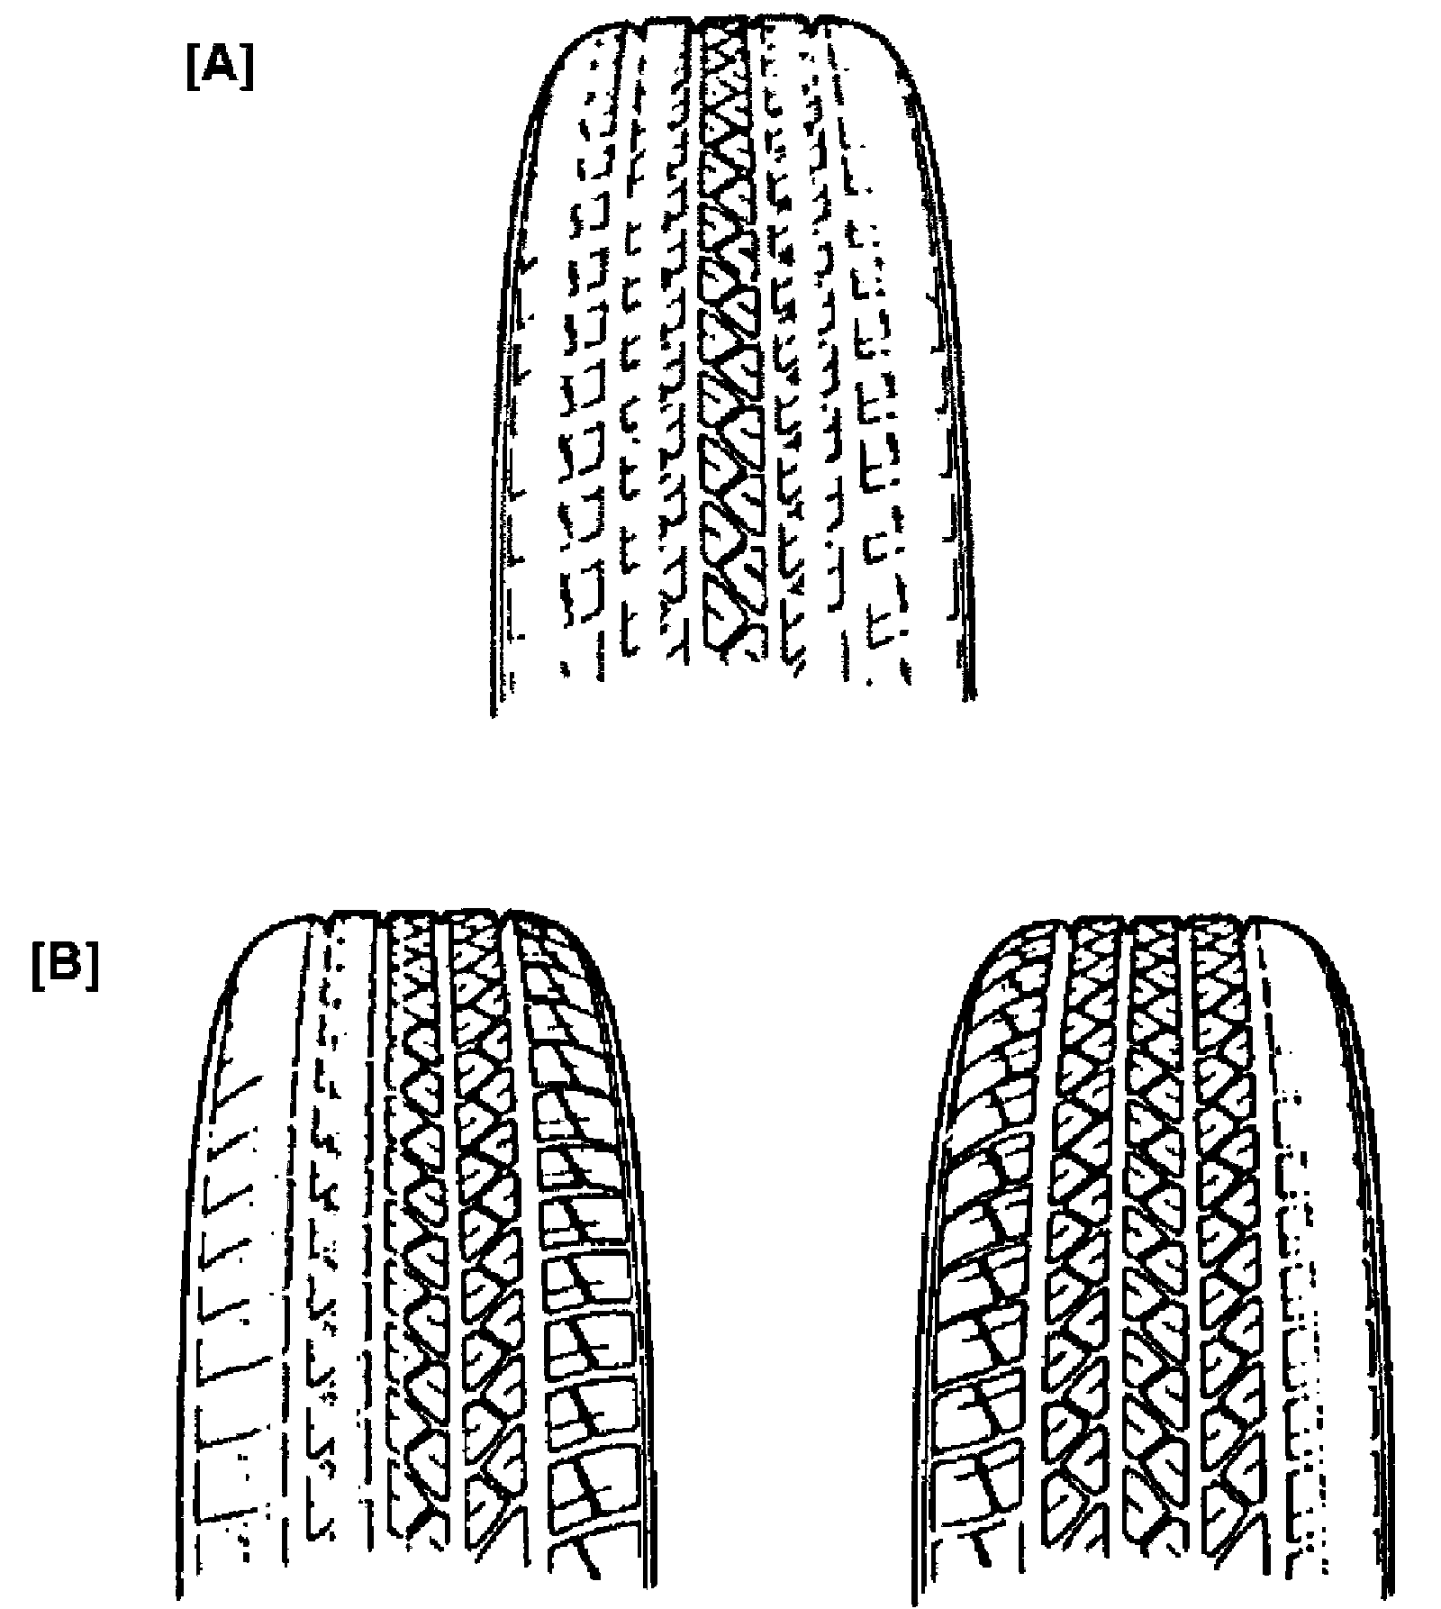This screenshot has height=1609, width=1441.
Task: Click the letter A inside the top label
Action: (x=220, y=68)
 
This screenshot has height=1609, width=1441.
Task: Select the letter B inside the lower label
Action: (x=65, y=968)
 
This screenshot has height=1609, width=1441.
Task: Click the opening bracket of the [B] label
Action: (x=38, y=968)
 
